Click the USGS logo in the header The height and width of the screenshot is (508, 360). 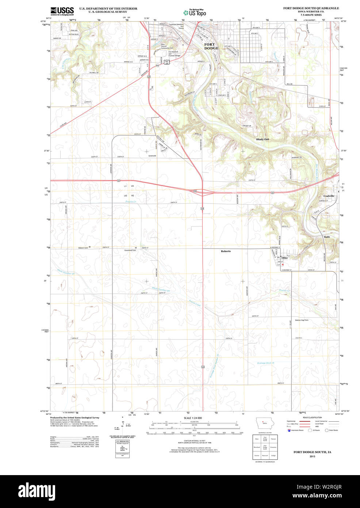[x=62, y=11]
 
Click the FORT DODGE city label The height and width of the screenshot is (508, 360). [x=211, y=46]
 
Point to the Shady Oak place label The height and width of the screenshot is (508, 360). [x=262, y=139]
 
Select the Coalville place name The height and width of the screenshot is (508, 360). [x=329, y=196]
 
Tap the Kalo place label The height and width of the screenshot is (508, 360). [x=327, y=237]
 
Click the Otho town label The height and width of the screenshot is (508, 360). [x=284, y=258]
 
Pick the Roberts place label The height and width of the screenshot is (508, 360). [x=226, y=251]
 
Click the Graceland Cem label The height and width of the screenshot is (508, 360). [x=130, y=250]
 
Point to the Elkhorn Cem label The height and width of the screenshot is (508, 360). [x=83, y=247]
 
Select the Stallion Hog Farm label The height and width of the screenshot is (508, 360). [x=302, y=320]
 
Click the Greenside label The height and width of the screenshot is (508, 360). [x=152, y=156]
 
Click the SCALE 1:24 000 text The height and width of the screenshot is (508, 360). [x=193, y=418]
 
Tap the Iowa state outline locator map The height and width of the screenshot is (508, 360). [x=262, y=424]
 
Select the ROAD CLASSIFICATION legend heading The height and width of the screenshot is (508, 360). [x=312, y=417]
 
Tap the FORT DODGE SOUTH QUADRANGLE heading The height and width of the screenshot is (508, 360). [x=311, y=8]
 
